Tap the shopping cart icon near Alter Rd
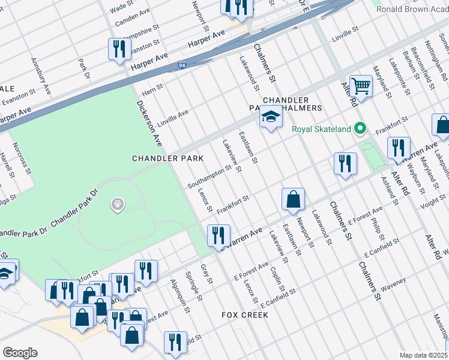361,86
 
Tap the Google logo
20,352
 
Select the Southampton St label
209,176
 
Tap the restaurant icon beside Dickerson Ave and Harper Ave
119,49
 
